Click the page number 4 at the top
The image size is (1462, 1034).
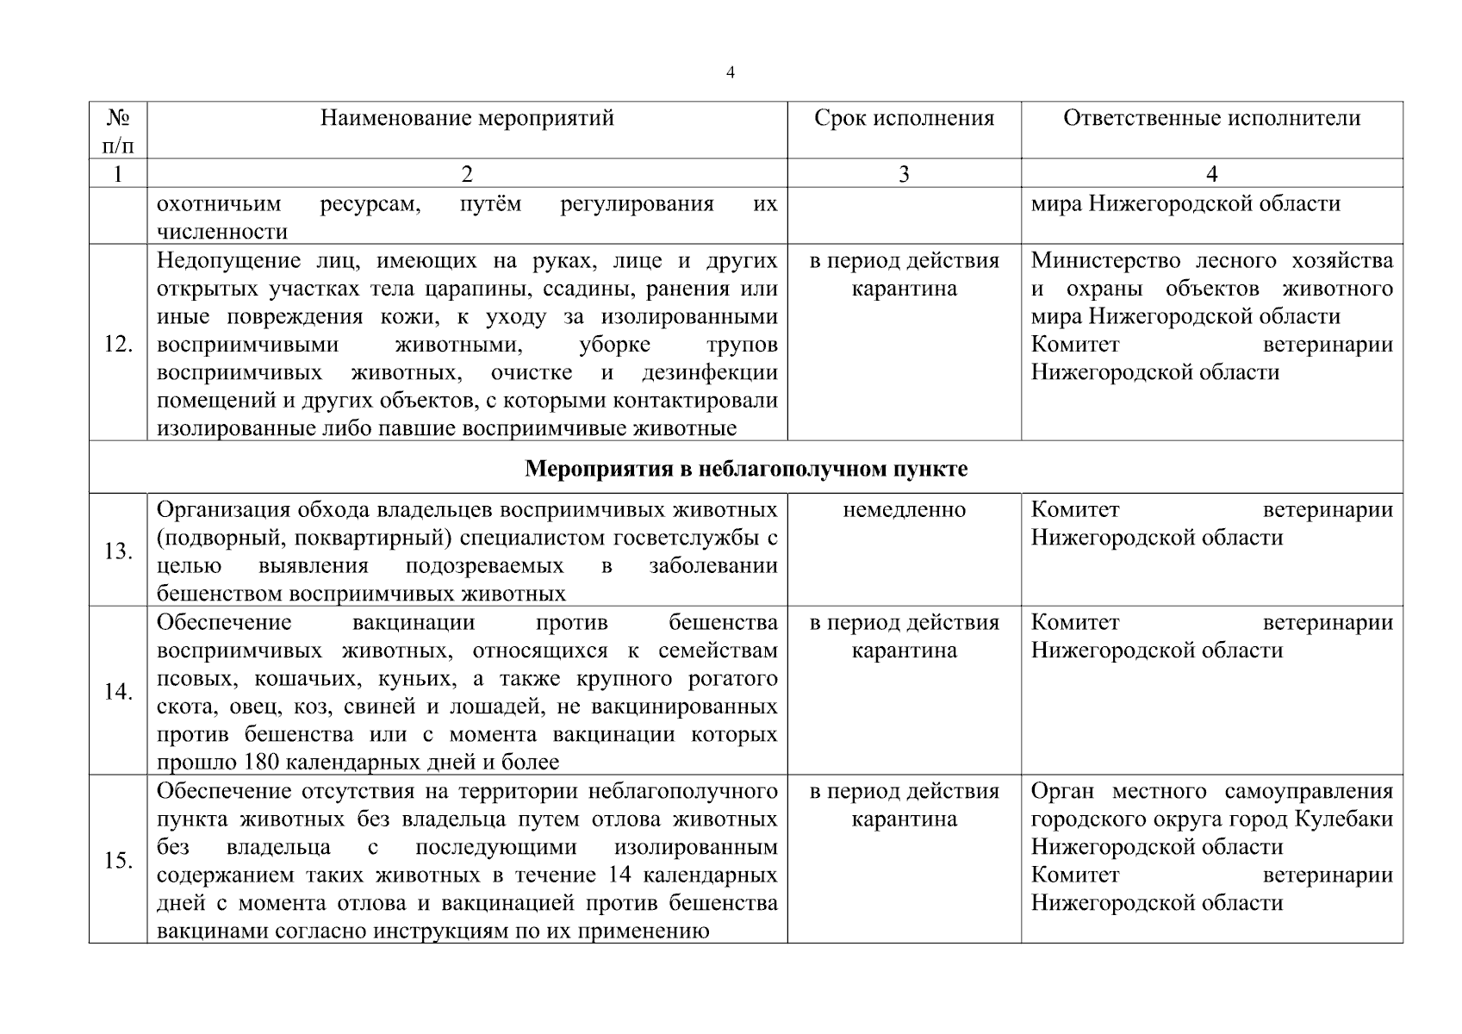[730, 73]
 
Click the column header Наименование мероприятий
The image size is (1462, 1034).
[467, 118]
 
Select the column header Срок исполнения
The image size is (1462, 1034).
[904, 118]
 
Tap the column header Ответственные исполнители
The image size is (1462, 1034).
[1211, 118]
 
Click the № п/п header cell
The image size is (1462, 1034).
[117, 131]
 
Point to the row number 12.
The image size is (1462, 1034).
[117, 345]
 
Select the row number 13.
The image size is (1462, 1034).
[117, 551]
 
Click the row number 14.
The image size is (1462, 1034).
[117, 692]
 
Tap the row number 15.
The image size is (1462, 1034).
[117, 861]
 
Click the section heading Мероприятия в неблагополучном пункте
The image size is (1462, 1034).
[746, 470]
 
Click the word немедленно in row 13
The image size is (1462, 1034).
[904, 510]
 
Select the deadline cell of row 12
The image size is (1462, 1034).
[904, 275]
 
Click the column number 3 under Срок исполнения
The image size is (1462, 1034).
[904, 175]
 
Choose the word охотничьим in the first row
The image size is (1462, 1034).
[219, 205]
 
